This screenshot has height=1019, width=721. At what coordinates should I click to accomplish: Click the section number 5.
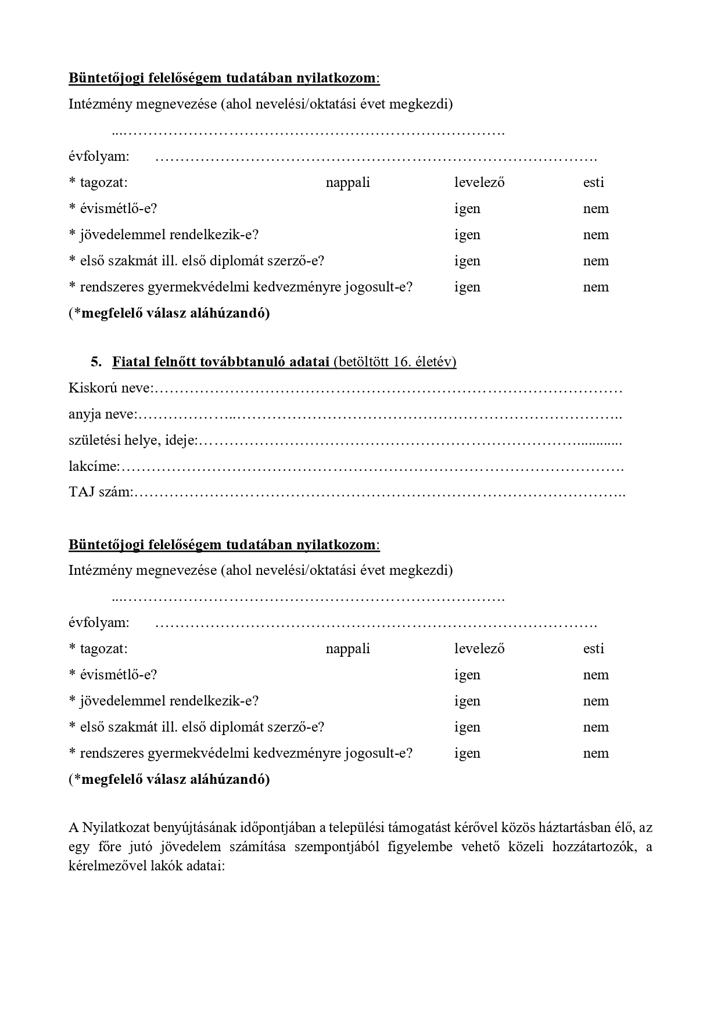[x=96, y=362]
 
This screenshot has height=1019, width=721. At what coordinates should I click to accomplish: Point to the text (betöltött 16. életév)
[x=394, y=362]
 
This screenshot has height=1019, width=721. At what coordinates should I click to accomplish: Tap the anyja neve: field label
[x=103, y=414]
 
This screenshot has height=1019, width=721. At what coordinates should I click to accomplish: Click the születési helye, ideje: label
[x=133, y=440]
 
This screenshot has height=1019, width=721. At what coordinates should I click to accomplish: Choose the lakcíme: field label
[x=94, y=466]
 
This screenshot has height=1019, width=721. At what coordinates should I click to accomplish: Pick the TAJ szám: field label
[x=101, y=492]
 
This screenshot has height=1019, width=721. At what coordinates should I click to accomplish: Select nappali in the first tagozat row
[x=347, y=182]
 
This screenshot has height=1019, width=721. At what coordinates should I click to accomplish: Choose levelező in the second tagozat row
[x=479, y=649]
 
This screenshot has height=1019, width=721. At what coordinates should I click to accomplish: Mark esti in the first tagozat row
[x=593, y=182]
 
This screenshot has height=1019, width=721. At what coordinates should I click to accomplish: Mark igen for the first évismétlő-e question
[x=467, y=208]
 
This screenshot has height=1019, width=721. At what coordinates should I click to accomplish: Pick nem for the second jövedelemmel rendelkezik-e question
[x=596, y=701]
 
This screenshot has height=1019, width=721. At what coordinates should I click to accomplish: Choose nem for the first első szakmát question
[x=596, y=261]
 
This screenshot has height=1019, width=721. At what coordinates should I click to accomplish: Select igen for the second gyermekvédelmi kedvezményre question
[x=467, y=753]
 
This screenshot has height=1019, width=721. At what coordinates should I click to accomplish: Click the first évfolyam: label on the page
[x=99, y=156]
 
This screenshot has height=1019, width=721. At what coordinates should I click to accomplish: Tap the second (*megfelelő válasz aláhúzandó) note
[x=169, y=779]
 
